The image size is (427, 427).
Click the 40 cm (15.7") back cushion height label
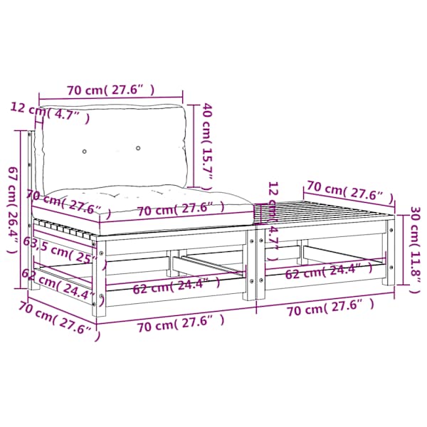coord(206,147)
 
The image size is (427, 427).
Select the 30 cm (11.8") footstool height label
coord(416,250)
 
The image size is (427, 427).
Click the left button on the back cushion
coord(85,151)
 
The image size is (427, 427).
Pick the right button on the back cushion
coord(138,148)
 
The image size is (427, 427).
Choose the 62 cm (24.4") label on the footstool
coord(328,271)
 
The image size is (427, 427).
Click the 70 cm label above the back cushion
coord(111,90)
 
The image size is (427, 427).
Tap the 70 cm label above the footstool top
coord(350,191)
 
